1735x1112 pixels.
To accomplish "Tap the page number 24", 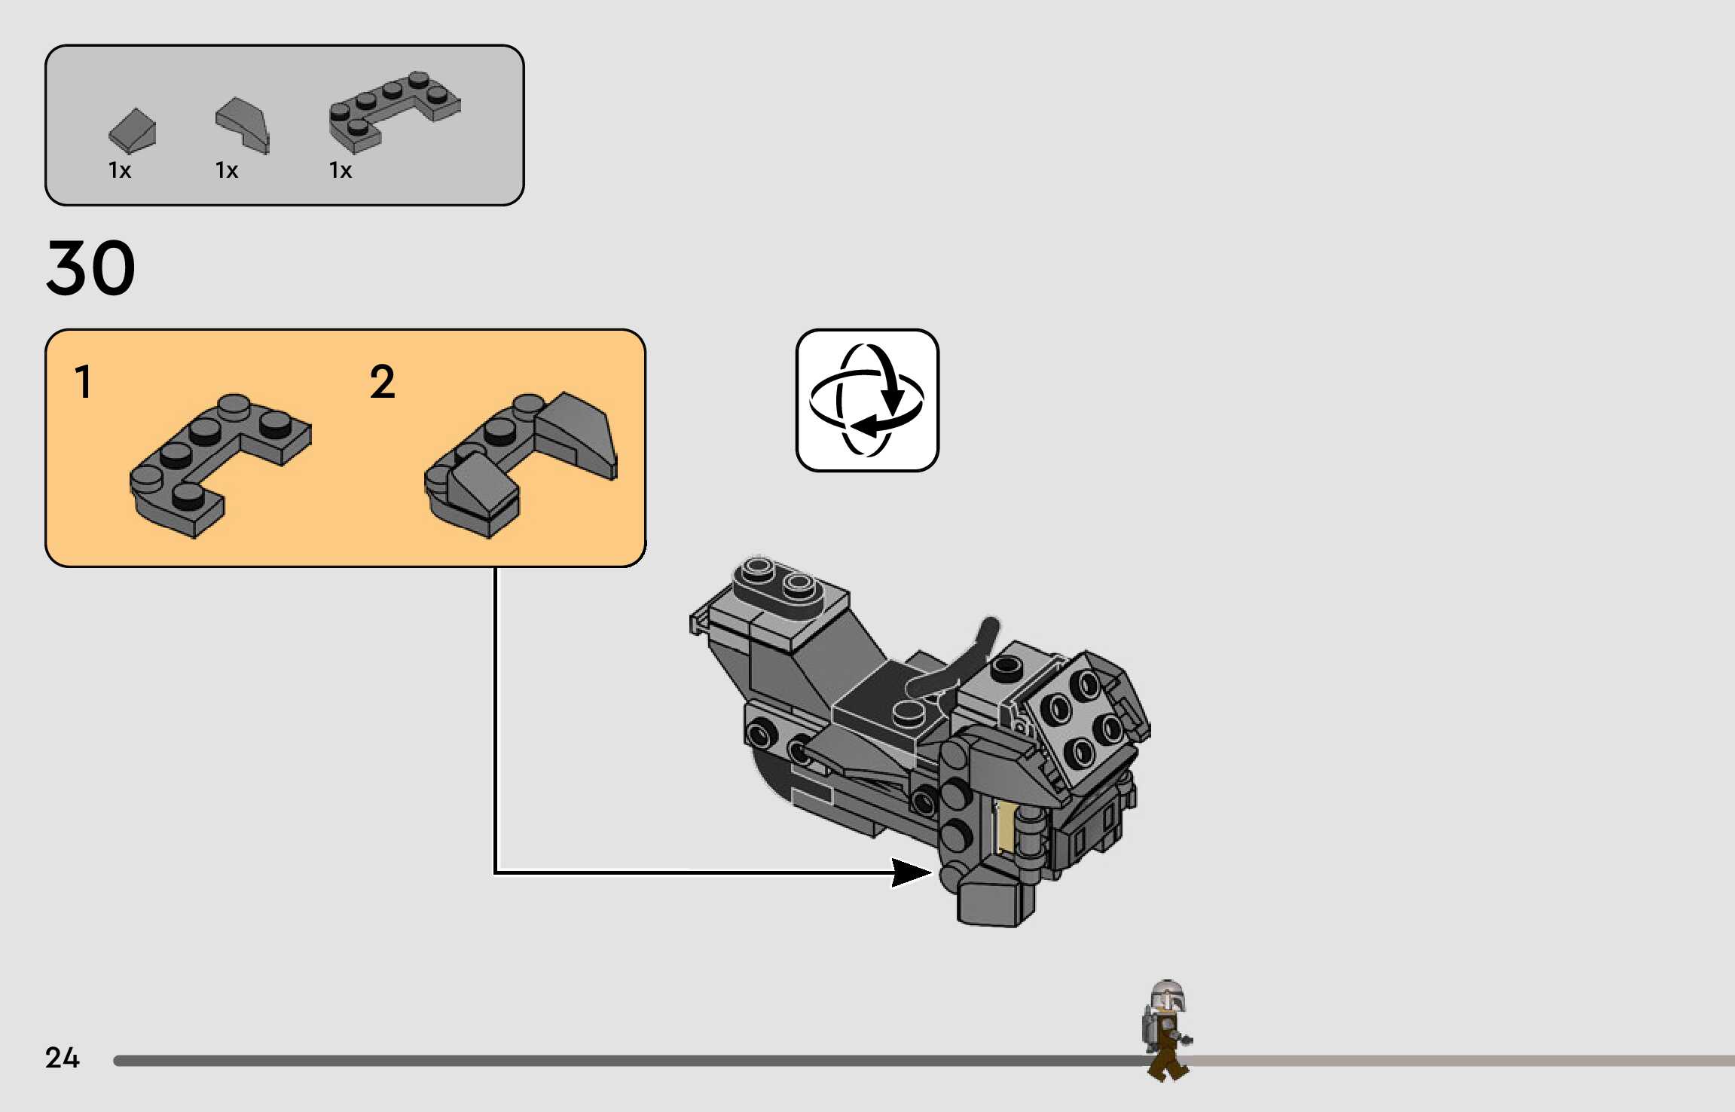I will [62, 1058].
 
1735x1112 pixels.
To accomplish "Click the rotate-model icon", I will [867, 400].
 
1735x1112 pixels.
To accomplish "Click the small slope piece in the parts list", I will [133, 130].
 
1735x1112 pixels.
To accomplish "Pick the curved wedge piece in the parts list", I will [243, 124].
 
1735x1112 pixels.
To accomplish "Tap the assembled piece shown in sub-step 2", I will [520, 460].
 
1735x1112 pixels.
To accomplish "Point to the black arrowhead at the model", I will [912, 872].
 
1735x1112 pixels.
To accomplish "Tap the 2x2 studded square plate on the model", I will [1073, 719].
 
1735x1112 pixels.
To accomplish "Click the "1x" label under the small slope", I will [120, 170].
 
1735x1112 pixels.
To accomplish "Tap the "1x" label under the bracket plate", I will [341, 170].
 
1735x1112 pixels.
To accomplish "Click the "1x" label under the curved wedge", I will [227, 170].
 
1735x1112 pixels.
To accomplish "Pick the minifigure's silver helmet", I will [1168, 994].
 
